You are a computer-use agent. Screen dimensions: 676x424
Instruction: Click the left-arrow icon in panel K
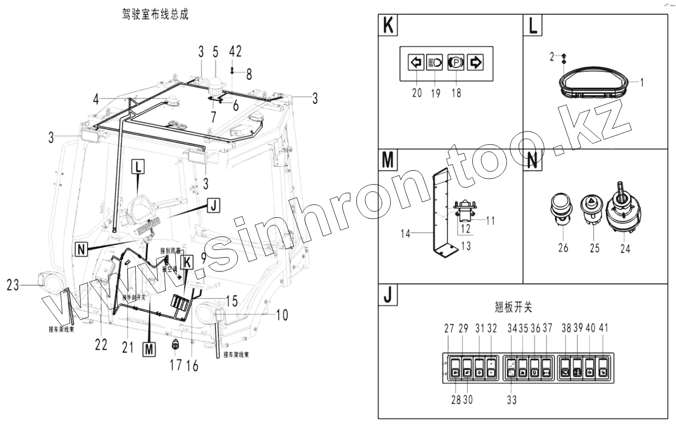coord(416,63)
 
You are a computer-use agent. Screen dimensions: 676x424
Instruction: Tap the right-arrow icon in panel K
coord(475,63)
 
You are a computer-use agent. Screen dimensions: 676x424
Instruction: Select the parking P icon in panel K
coord(455,63)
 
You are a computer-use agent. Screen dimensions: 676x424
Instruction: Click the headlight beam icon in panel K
coord(435,63)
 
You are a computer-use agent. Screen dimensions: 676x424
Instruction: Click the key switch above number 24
coord(621,209)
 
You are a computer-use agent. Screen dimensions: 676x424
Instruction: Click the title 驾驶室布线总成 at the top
coord(155,16)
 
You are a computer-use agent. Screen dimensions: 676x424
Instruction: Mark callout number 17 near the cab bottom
coord(175,364)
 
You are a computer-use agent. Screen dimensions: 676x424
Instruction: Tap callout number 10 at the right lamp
coord(282,316)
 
